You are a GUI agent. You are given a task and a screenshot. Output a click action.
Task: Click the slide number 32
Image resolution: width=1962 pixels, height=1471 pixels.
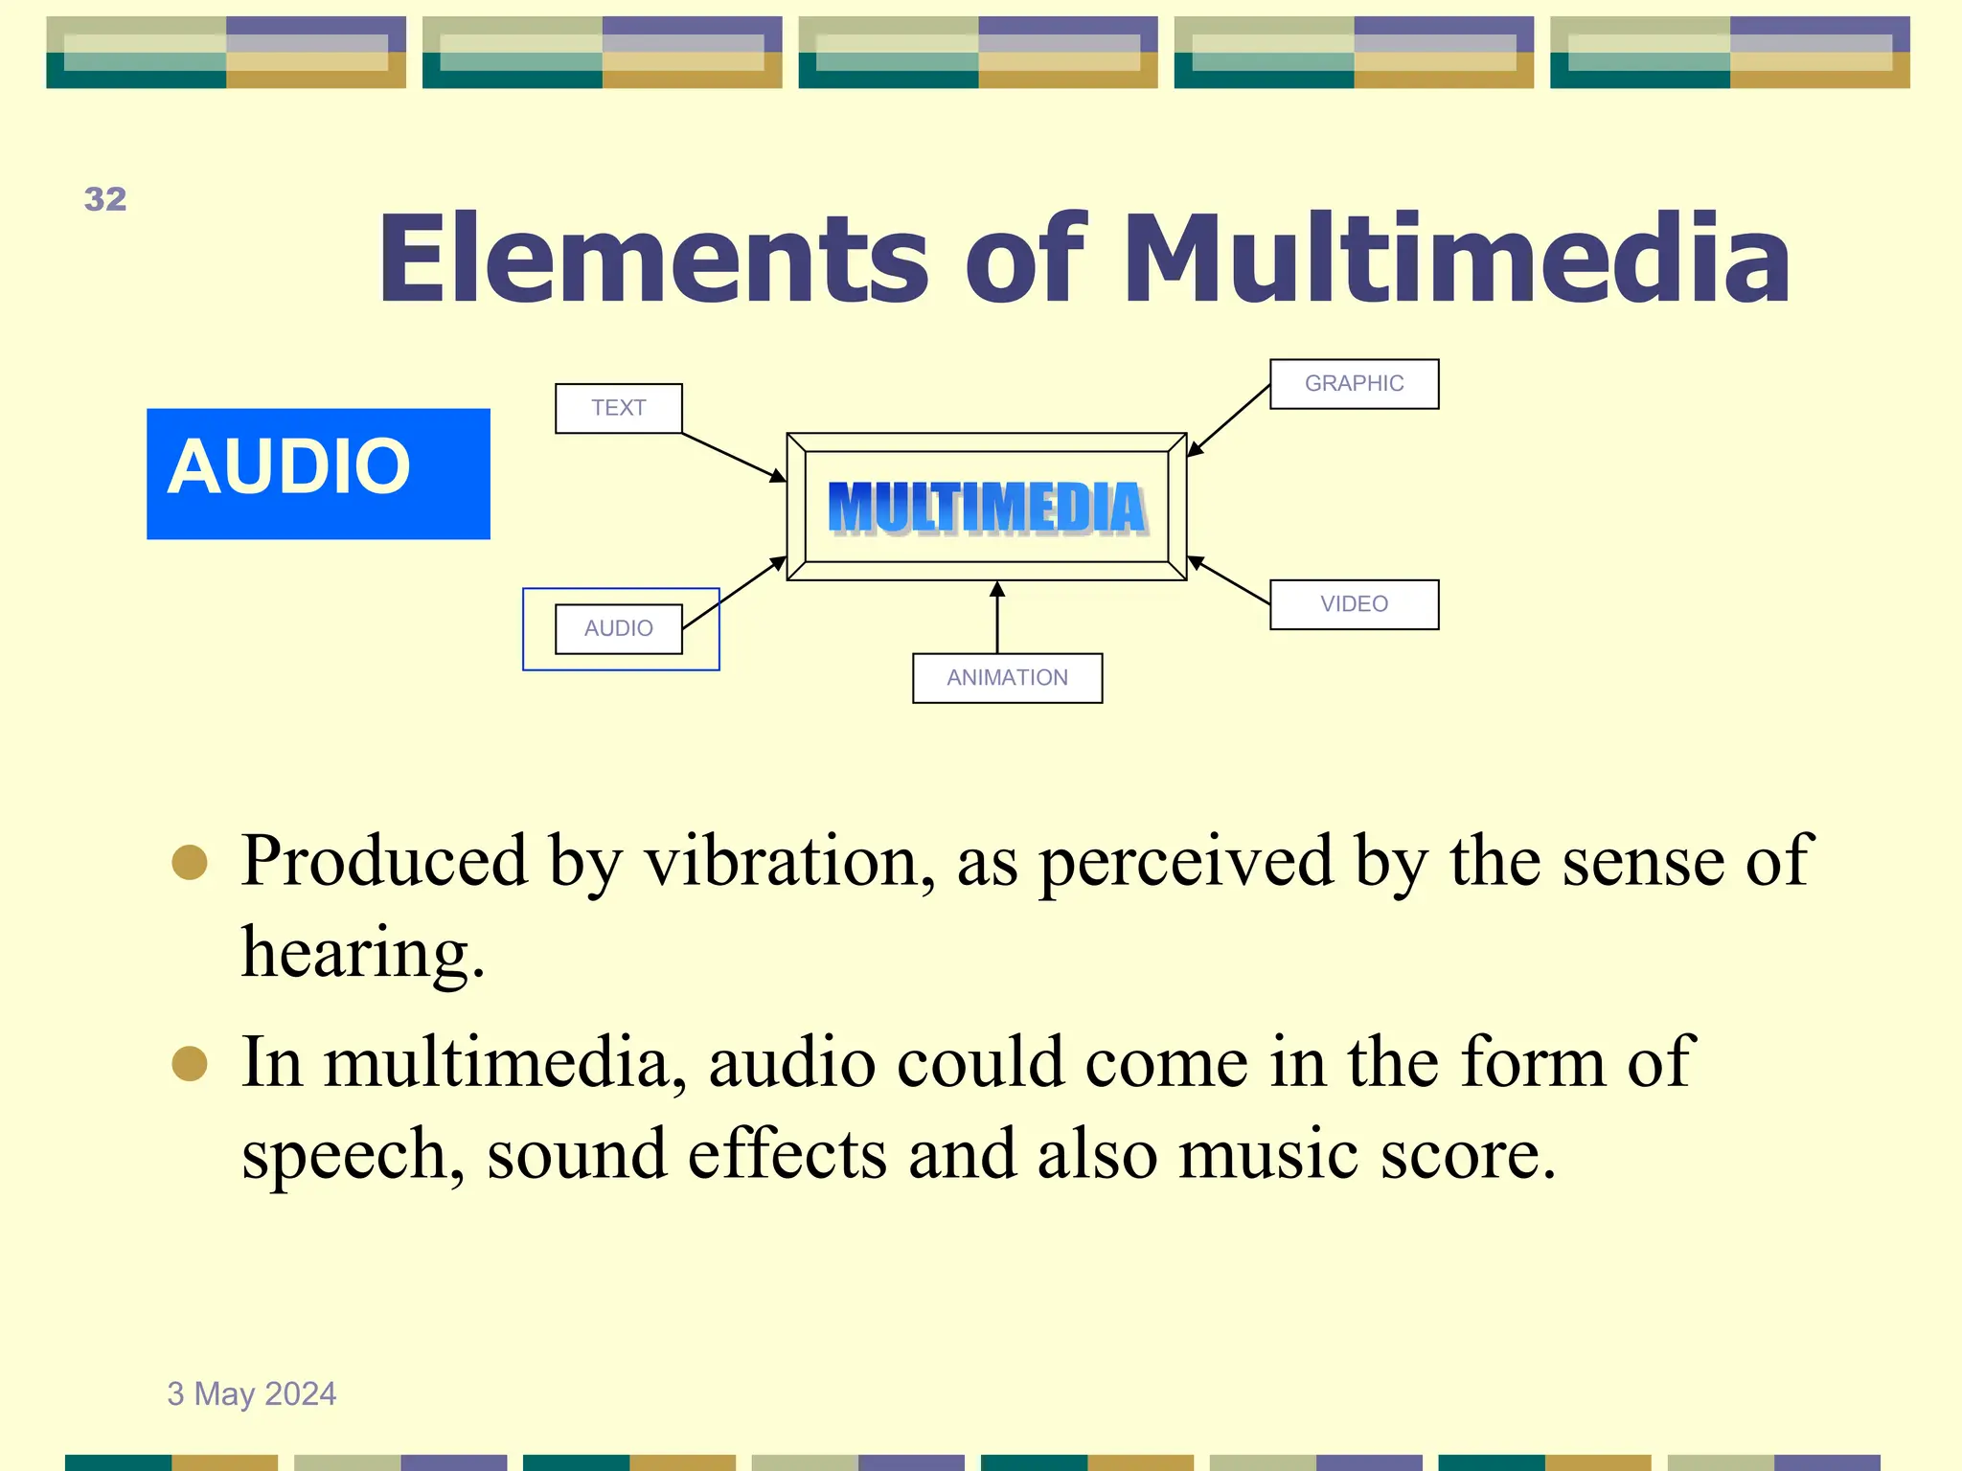pos(105,199)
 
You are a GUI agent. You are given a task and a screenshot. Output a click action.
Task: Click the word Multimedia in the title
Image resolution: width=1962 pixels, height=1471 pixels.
pos(1455,259)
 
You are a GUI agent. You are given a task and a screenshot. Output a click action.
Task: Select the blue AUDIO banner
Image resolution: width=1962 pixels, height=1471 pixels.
pos(318,473)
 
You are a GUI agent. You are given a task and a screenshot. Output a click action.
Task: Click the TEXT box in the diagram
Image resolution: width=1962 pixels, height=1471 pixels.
pos(619,408)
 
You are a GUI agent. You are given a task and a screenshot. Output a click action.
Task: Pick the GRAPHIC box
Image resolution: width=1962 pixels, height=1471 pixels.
pos(1354,384)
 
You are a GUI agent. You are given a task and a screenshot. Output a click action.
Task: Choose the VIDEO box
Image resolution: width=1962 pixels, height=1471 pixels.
pos(1354,604)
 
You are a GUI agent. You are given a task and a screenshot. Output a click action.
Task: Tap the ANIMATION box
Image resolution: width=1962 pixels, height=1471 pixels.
pos(1007,678)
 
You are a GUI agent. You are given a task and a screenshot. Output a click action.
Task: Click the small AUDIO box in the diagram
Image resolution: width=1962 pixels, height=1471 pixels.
pos(619,628)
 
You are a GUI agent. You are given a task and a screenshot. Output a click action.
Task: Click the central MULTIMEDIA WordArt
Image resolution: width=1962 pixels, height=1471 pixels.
pos(987,508)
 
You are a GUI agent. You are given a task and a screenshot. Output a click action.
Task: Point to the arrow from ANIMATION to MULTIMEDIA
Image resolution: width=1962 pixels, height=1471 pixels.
pos(997,621)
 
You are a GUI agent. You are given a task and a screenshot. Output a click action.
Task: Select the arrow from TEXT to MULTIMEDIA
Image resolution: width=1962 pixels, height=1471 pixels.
pos(733,457)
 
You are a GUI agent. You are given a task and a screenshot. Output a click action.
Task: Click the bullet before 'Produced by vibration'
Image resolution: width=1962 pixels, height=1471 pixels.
pos(190,862)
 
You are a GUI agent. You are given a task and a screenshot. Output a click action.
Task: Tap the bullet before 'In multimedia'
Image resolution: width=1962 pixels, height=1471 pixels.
pos(190,1063)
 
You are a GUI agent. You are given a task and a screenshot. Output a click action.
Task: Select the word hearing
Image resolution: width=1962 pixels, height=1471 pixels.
pos(362,954)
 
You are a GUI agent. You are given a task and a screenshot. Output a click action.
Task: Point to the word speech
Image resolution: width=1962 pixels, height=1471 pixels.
pos(351,1155)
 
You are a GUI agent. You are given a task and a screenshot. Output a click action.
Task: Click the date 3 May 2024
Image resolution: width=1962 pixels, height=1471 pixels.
pos(252,1393)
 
